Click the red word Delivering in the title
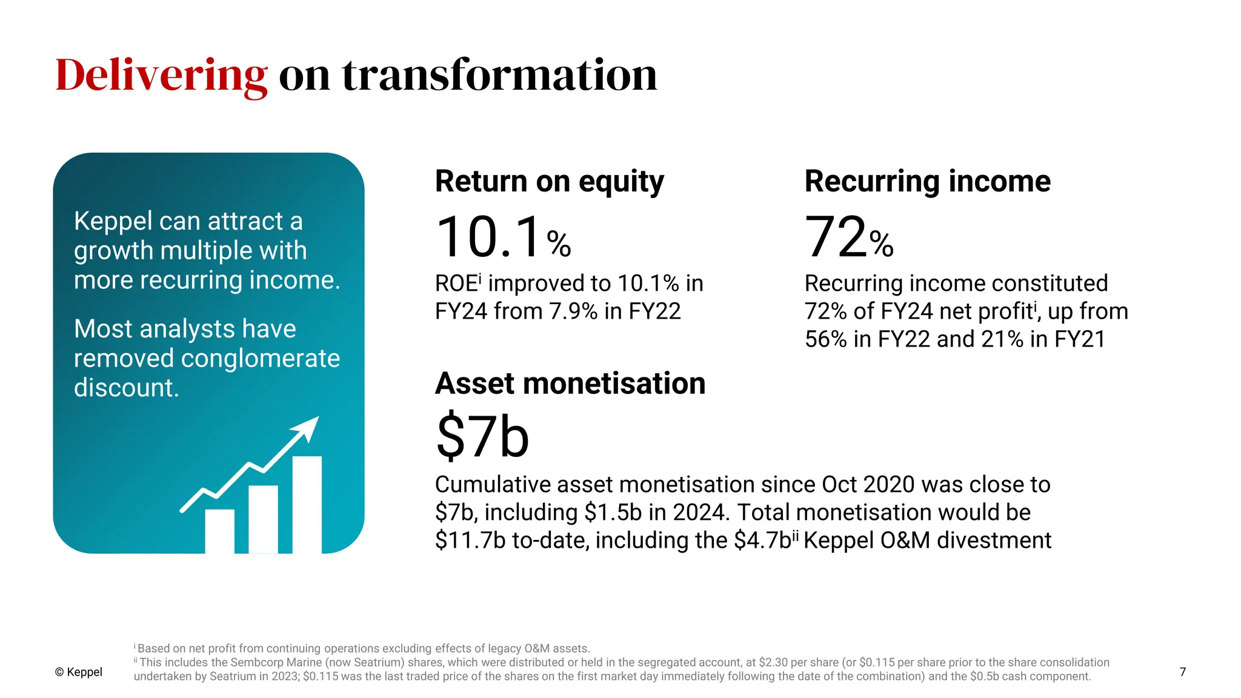click(x=161, y=75)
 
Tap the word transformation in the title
click(x=499, y=75)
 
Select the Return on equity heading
click(x=549, y=181)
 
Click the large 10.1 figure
click(x=488, y=237)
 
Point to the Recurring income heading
click(x=927, y=181)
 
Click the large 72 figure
click(x=836, y=237)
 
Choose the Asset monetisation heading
click(x=570, y=384)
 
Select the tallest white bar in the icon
click(x=307, y=504)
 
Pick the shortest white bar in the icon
click(x=219, y=531)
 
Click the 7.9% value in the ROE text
click(x=573, y=311)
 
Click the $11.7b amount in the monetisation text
click(x=470, y=540)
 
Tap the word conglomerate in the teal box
click(x=261, y=358)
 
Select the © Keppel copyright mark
click(x=79, y=672)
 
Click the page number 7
click(x=1182, y=672)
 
